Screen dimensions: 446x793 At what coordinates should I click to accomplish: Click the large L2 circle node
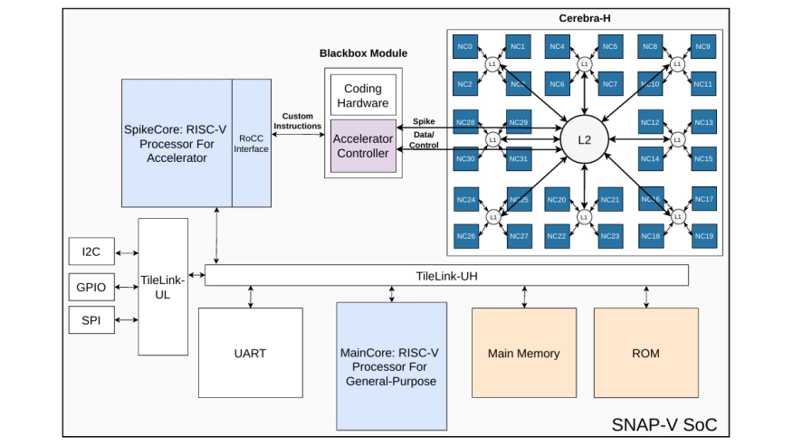pyautogui.click(x=584, y=139)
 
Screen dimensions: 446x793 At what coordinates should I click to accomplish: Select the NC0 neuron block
pyautogui.click(x=465, y=46)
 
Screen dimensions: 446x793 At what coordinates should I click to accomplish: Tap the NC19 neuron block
pyautogui.click(x=704, y=236)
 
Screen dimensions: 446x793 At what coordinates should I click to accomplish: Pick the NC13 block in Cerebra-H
pyautogui.click(x=704, y=122)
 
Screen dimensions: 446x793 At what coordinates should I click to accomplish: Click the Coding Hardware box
pyautogui.click(x=363, y=96)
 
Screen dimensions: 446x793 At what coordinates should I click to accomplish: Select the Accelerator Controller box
pyautogui.click(x=363, y=146)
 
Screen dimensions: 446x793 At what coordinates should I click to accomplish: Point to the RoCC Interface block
pyautogui.click(x=251, y=143)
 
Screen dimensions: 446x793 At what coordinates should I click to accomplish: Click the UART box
pyautogui.click(x=250, y=353)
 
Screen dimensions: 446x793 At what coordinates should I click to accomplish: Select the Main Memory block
pyautogui.click(x=523, y=353)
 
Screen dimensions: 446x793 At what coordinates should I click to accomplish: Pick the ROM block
pyautogui.click(x=645, y=353)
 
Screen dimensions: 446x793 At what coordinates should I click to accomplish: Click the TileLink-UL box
pyautogui.click(x=163, y=286)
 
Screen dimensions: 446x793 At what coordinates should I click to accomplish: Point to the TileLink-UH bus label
pyautogui.click(x=446, y=275)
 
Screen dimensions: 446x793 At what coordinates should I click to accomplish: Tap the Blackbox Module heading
pyautogui.click(x=363, y=53)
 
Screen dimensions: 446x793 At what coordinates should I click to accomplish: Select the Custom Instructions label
pyautogui.click(x=298, y=121)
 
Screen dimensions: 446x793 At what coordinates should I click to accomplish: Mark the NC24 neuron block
pyautogui.click(x=465, y=199)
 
